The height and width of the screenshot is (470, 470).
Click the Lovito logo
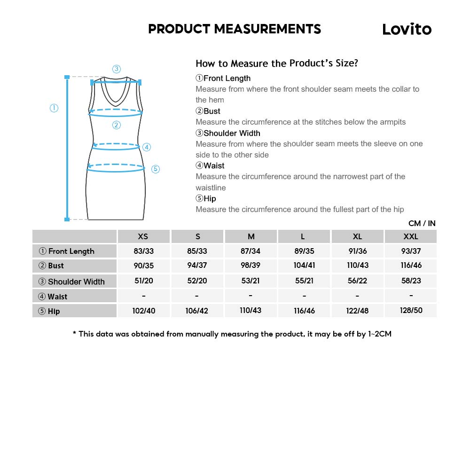[407, 29]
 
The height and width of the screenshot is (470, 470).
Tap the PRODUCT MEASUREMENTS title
[235, 29]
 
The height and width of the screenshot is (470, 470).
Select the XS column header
[143, 236]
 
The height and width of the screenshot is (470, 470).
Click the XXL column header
[411, 236]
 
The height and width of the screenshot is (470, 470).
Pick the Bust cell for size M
[251, 266]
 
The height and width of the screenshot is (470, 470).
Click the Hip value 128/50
[411, 311]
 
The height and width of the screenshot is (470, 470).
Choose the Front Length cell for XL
[358, 251]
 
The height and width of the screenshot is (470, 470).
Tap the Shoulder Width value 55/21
[304, 281]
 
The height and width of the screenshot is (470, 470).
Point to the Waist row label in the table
[57, 297]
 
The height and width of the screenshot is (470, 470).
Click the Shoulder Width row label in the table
[76, 282]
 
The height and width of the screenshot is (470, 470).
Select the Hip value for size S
[197, 311]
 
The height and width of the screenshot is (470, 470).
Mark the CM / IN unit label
[422, 223]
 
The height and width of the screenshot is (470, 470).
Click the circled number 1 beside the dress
[54, 108]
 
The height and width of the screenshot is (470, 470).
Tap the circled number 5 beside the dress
[156, 169]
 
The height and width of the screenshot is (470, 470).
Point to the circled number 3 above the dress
[117, 69]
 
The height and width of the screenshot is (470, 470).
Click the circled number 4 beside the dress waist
[147, 147]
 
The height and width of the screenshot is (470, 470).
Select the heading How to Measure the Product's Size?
[276, 63]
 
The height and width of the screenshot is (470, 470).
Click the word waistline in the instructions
[211, 188]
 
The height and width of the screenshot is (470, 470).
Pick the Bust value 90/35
[143, 266]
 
